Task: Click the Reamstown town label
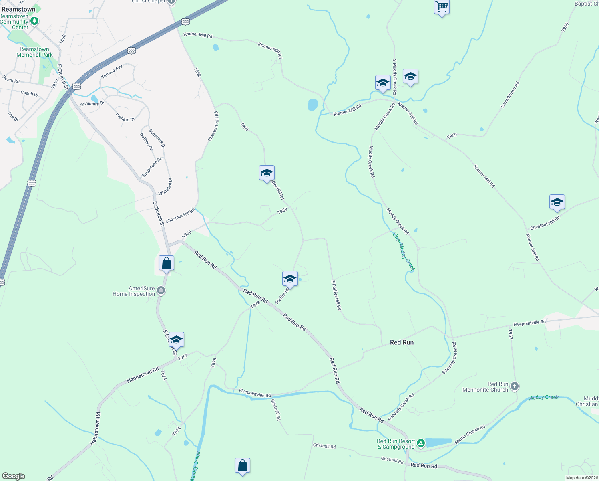coord(18,9)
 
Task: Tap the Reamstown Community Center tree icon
coord(35,21)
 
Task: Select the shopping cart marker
coord(441,7)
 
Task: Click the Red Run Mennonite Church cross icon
coord(515,386)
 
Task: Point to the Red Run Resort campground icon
coord(420,443)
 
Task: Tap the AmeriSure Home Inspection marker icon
coord(161,291)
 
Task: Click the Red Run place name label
coord(402,342)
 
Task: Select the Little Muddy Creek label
coord(403,252)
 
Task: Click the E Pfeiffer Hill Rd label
coord(336,295)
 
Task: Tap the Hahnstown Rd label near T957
coord(143,375)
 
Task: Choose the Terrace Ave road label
coord(112,72)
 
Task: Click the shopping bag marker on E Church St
coord(166,263)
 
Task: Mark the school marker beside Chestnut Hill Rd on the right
coord(557,202)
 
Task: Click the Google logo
coord(14,476)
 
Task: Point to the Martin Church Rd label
coord(470,435)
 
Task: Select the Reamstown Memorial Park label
coord(34,52)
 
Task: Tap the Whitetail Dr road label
coord(165,187)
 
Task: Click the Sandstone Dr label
coord(152,167)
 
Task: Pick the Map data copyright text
coord(581,478)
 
